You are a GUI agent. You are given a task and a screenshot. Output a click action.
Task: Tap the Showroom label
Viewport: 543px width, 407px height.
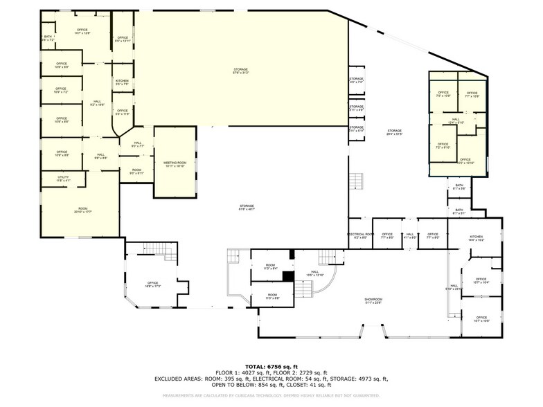pyautogui.click(x=374, y=300)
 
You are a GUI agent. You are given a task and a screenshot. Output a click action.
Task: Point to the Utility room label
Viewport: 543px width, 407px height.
pyautogui.click(x=62, y=179)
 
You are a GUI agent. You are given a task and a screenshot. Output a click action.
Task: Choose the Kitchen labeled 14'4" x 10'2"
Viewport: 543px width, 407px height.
pyautogui.click(x=476, y=238)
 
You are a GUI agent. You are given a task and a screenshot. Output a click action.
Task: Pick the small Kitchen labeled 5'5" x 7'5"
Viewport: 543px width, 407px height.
pyautogui.click(x=122, y=82)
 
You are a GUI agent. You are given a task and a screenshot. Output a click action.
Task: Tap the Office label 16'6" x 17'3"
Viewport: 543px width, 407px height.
pyautogui.click(x=152, y=284)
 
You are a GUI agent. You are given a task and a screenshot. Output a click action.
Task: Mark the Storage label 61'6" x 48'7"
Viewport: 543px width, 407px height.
pyautogui.click(x=247, y=207)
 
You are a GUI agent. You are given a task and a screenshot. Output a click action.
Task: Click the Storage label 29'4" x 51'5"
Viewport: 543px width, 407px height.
pyautogui.click(x=395, y=132)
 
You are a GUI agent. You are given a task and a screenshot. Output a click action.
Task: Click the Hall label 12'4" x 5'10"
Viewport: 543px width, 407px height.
pyautogui.click(x=456, y=121)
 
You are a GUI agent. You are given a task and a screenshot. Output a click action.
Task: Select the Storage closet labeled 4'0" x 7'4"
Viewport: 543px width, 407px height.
pyautogui.click(x=356, y=80)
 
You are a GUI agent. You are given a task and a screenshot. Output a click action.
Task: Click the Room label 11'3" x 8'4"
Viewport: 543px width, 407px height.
pyautogui.click(x=270, y=266)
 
